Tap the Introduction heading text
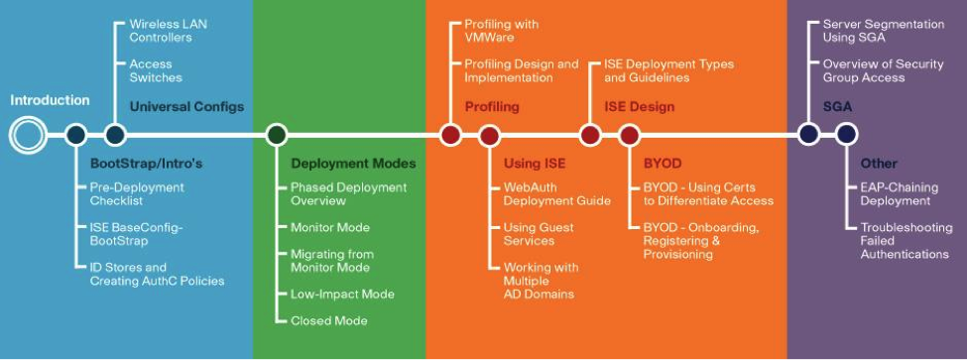(50, 100)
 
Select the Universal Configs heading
(186, 107)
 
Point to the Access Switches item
(156, 69)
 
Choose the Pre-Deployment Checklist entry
(137, 193)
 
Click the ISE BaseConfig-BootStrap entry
(136, 234)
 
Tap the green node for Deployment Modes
(277, 135)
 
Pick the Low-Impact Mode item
(342, 294)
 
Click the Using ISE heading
(535, 163)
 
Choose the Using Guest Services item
(539, 234)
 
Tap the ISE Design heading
(639, 107)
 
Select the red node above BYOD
(628, 135)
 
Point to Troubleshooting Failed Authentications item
(904, 241)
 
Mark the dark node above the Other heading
(845, 135)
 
